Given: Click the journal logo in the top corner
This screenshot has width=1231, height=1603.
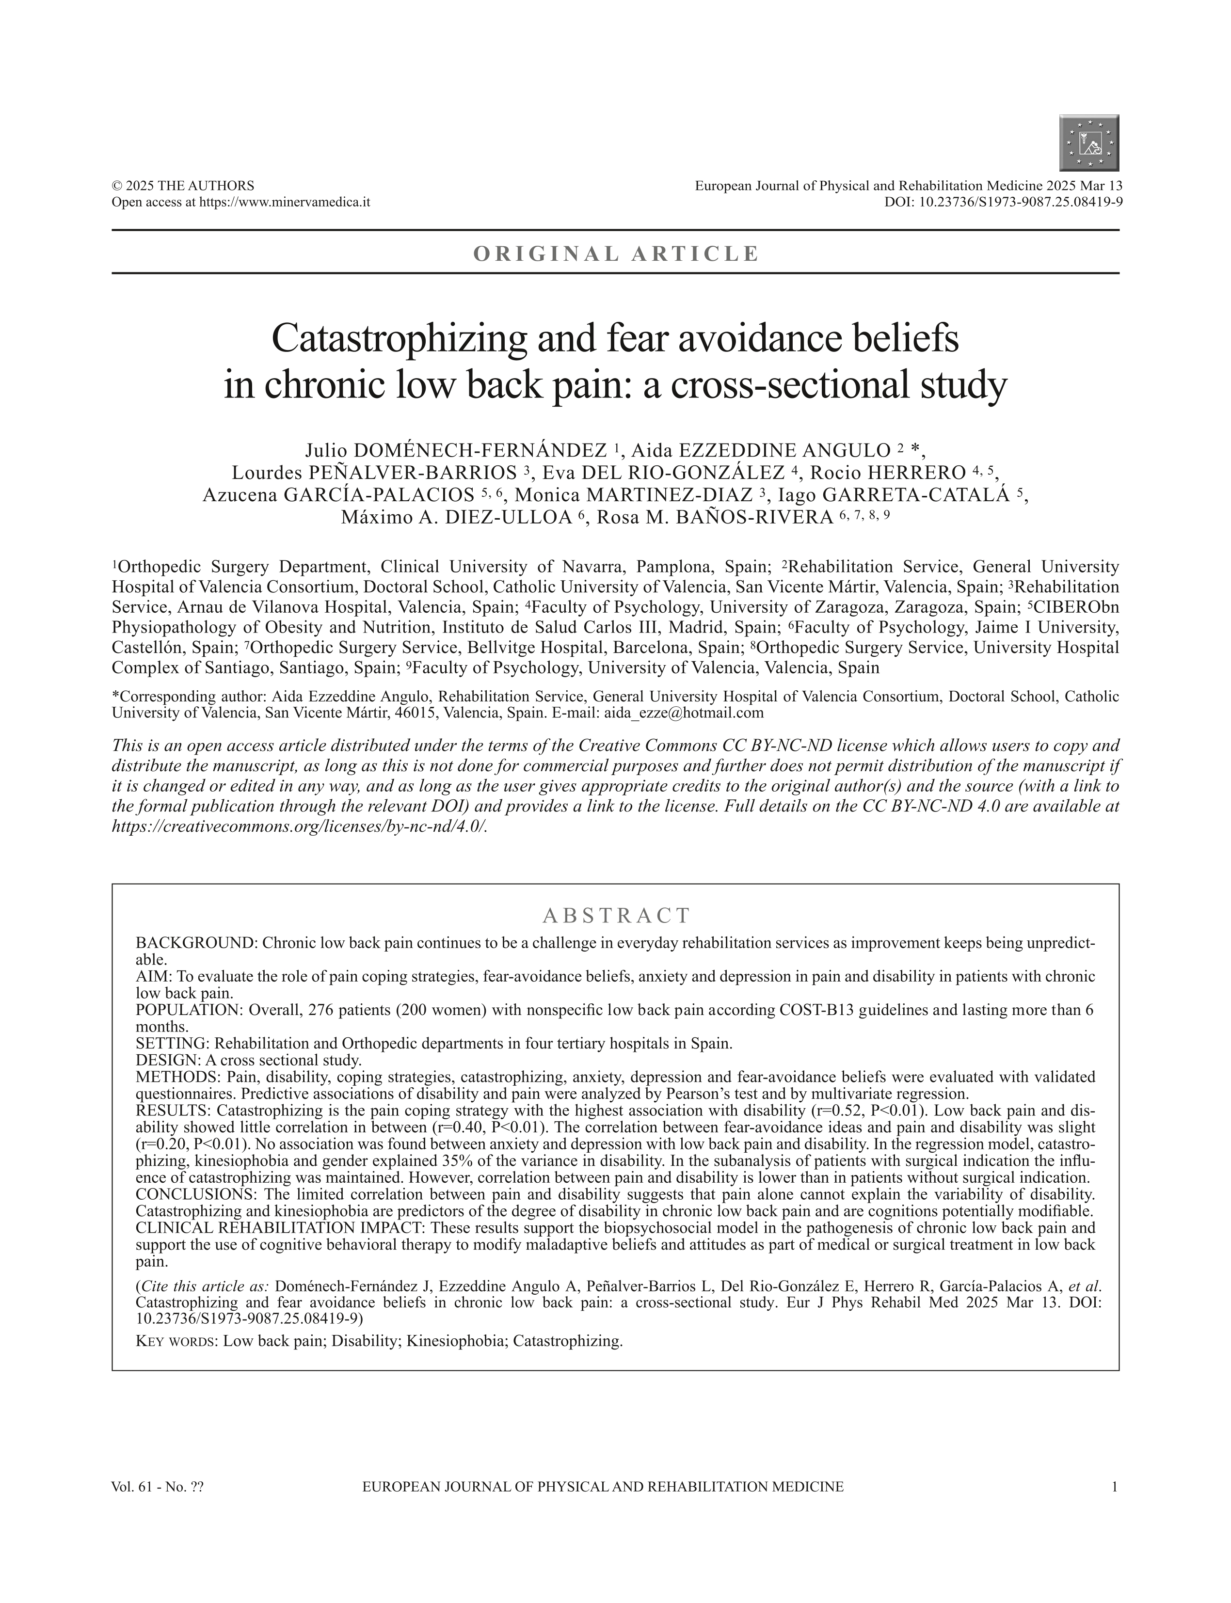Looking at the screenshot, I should tap(1089, 143).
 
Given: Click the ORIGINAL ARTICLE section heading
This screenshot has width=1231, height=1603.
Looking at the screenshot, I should tap(616, 254).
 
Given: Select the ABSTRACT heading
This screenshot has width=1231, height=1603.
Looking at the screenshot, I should tap(616, 916).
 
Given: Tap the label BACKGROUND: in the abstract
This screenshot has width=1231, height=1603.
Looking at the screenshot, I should tap(196, 943).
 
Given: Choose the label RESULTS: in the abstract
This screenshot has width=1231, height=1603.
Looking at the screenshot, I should tap(173, 1111).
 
